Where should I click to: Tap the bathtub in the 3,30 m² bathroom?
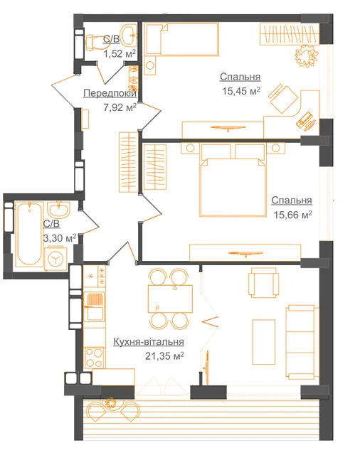[x=28, y=234]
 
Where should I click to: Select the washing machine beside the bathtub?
[x=55, y=258]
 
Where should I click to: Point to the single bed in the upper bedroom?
[x=182, y=39]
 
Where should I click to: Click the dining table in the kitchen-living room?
[x=170, y=299]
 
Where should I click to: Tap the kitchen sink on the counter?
[x=94, y=306]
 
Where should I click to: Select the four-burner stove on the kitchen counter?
[x=95, y=358]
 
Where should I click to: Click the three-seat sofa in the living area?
[x=300, y=343]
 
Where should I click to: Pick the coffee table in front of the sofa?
[x=264, y=342]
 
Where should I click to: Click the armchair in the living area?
[x=264, y=282]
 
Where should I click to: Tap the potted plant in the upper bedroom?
[x=306, y=55]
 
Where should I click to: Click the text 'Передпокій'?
[x=110, y=93]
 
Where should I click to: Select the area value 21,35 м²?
[x=164, y=355]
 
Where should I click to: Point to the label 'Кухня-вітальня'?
[x=149, y=341]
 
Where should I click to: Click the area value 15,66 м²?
[x=292, y=215]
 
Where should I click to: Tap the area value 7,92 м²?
[x=120, y=107]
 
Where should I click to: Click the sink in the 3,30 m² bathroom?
[x=58, y=210]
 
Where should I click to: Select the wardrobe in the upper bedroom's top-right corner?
[x=290, y=34]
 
